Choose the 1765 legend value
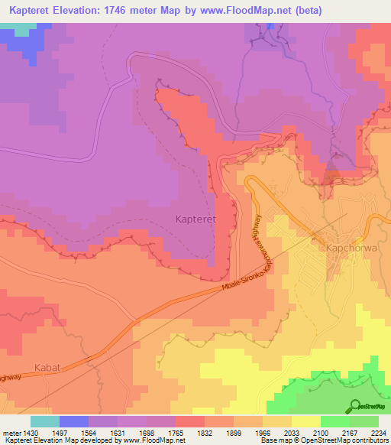pyautogui.click(x=189, y=433)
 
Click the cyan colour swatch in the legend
pyautogui.click(x=45, y=421)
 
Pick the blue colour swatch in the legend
pyautogui.click(x=74, y=421)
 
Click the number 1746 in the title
pyautogui.click(x=139, y=10)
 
